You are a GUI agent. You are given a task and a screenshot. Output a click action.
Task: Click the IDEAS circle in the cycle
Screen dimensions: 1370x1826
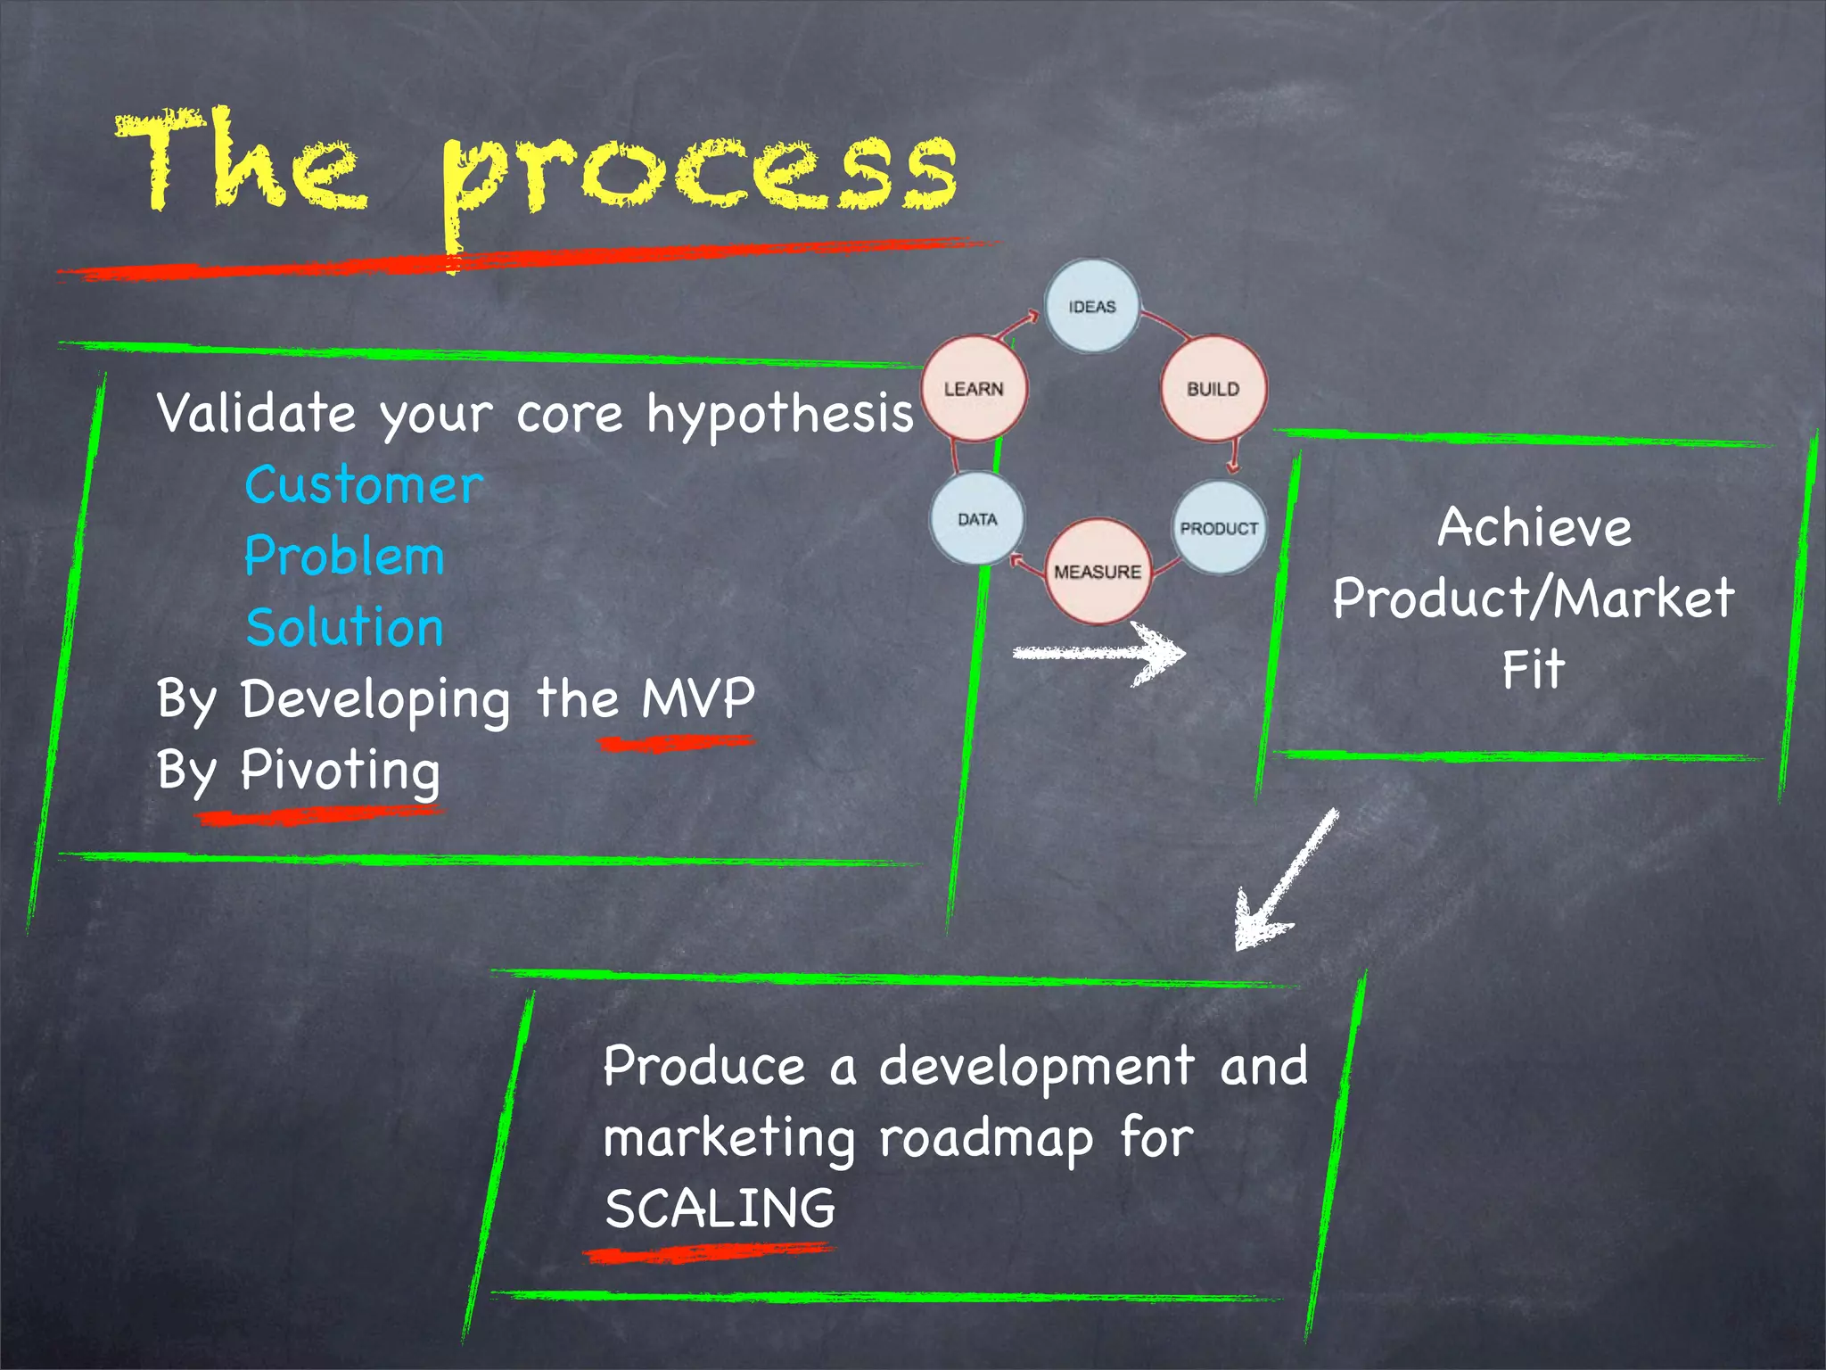(x=1091, y=306)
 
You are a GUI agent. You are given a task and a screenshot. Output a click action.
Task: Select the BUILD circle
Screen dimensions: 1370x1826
(x=1213, y=389)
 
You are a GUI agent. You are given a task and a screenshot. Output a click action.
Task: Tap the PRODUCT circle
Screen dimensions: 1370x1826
(x=1219, y=528)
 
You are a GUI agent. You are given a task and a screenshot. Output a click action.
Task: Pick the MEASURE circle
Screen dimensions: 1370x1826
(x=1097, y=571)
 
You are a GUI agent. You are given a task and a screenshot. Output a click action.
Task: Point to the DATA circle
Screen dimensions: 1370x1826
(x=977, y=519)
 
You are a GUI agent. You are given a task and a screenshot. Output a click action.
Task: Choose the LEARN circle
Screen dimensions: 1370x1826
(x=974, y=389)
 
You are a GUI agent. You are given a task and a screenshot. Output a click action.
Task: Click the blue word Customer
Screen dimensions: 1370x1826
(x=364, y=486)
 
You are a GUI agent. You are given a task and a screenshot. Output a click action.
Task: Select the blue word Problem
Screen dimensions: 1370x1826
(x=344, y=557)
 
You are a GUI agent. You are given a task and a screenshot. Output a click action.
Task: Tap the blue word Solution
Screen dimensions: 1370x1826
(x=344, y=627)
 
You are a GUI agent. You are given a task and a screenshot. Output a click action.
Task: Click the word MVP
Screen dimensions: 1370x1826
(x=698, y=697)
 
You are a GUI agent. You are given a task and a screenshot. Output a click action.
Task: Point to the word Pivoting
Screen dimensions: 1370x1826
(x=340, y=770)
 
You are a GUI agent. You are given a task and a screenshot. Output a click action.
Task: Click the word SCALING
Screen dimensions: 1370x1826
(x=720, y=1209)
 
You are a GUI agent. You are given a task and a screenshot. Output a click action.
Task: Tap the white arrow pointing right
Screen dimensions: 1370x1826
(x=1101, y=654)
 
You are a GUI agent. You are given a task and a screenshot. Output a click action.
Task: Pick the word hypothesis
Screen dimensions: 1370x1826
(x=780, y=416)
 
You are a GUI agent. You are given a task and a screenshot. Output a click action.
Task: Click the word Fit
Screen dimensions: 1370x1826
(x=1533, y=669)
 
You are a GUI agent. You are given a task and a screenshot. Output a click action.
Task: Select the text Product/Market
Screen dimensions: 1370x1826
(x=1533, y=598)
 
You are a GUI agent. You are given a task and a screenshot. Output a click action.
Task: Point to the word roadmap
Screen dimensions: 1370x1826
(x=985, y=1139)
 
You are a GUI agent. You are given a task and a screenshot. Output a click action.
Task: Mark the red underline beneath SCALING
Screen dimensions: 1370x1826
(x=709, y=1253)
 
